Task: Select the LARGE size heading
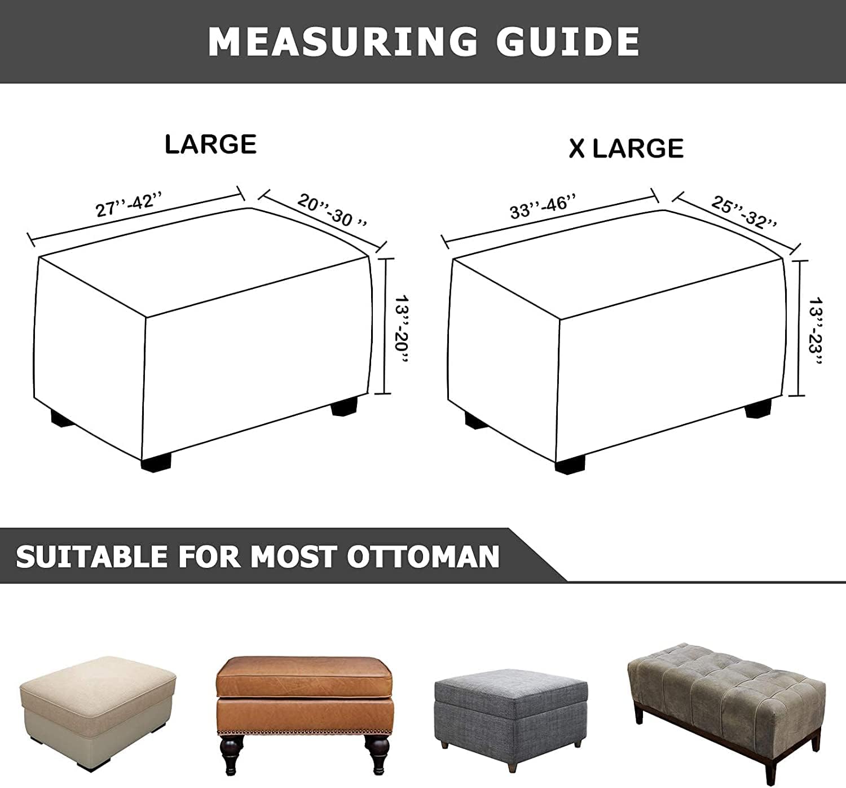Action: click(210, 145)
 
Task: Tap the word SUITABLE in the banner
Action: click(92, 557)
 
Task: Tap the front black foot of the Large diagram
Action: click(158, 464)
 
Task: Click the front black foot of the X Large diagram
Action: click(570, 465)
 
